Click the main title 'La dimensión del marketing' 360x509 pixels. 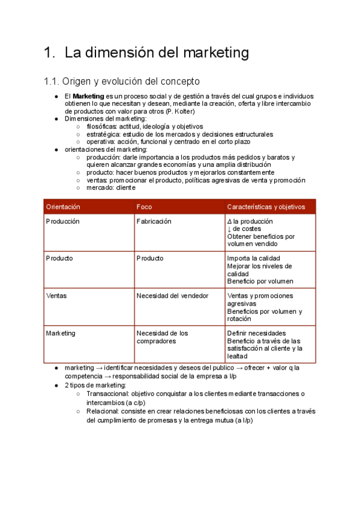[156, 53]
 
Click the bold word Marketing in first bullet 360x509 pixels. [88, 96]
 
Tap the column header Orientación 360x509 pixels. [63, 206]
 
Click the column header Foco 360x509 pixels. [144, 206]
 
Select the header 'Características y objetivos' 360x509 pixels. [266, 206]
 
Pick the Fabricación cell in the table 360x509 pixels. [154, 221]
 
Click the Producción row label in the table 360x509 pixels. [62, 221]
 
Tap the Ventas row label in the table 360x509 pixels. [56, 296]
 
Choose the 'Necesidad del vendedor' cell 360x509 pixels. [172, 296]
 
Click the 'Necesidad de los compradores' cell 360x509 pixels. [162, 337]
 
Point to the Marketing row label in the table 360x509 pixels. [61, 333]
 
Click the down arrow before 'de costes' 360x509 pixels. [229, 229]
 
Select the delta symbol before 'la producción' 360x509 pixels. [229, 221]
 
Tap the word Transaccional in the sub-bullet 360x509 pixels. [107, 394]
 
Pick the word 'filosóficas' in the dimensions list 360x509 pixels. [103, 127]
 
